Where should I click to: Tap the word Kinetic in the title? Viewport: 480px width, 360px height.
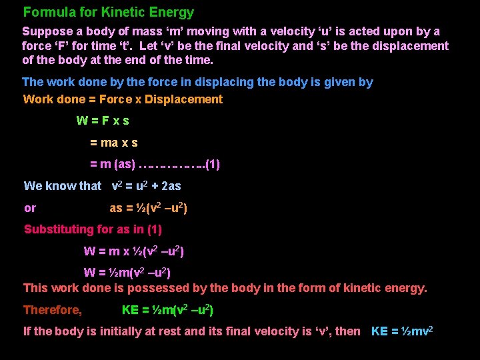pos(127,12)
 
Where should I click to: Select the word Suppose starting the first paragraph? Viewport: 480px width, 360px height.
pos(46,31)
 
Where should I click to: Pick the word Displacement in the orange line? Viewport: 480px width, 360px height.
pos(183,99)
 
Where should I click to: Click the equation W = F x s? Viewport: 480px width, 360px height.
pos(103,121)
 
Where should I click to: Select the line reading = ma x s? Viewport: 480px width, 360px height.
pos(114,143)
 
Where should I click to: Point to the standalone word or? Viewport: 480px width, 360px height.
pos(30,208)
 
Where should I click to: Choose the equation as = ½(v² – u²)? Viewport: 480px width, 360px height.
pos(148,208)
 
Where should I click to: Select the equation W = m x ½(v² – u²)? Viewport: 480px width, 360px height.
pos(133,251)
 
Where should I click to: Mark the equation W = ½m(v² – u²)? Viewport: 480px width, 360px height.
pos(127,273)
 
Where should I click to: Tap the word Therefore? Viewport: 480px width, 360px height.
pos(52,310)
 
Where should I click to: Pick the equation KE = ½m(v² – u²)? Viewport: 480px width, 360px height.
pos(167,310)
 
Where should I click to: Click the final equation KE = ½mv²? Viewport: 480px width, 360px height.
pos(402,331)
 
